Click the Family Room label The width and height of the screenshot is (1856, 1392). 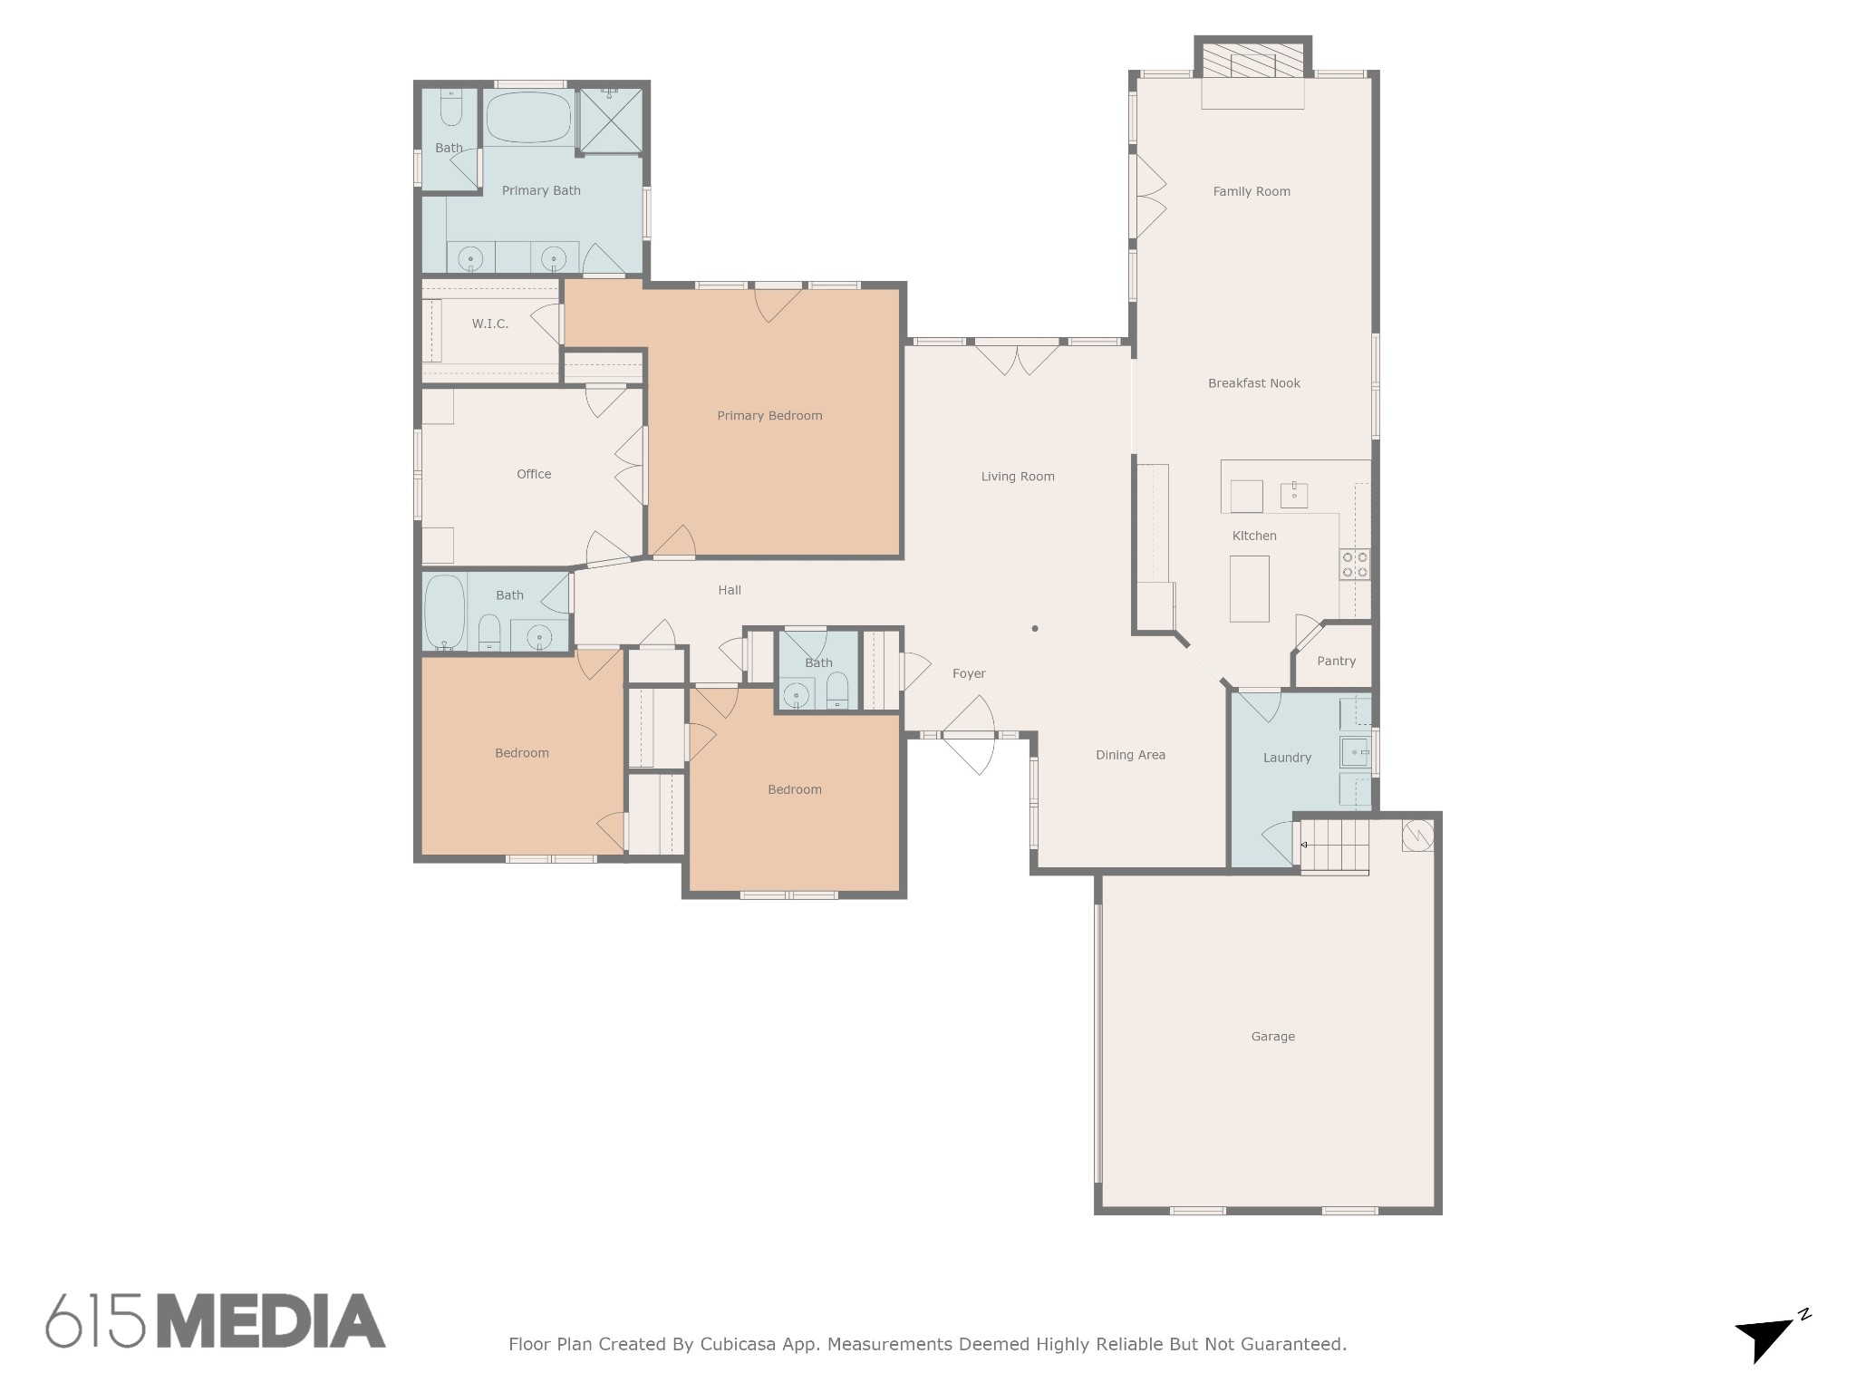pyautogui.click(x=1252, y=191)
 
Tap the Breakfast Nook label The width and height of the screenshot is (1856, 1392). pyautogui.click(x=1254, y=383)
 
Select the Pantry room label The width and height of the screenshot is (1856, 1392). pyautogui.click(x=1337, y=662)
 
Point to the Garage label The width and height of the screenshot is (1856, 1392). pyautogui.click(x=1273, y=1037)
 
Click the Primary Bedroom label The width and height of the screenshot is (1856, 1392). pyautogui.click(x=769, y=416)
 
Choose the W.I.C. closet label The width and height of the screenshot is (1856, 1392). pyautogui.click(x=490, y=324)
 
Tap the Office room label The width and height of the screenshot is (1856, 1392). pyautogui.click(x=534, y=474)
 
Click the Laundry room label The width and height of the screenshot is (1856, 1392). pyautogui.click(x=1287, y=758)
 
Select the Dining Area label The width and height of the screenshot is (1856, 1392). pyautogui.click(x=1130, y=755)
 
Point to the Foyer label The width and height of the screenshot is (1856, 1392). pyautogui.click(x=969, y=673)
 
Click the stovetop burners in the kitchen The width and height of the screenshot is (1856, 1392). pyautogui.click(x=1355, y=565)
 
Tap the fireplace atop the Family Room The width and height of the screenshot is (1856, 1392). pyautogui.click(x=1252, y=62)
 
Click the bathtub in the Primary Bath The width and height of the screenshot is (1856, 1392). pyautogui.click(x=528, y=118)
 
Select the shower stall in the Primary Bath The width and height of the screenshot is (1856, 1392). pyautogui.click(x=610, y=121)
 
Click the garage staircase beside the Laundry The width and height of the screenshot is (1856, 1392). pyautogui.click(x=1334, y=846)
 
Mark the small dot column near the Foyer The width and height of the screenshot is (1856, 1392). pyautogui.click(x=1035, y=628)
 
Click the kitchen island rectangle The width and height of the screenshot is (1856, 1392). pyautogui.click(x=1249, y=589)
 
